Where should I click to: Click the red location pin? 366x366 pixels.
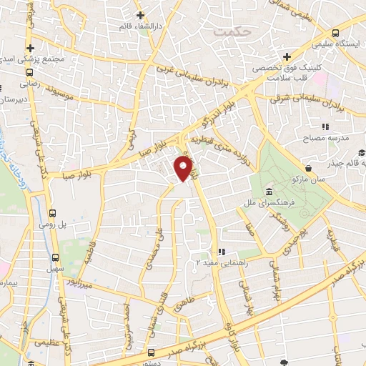point(184,169)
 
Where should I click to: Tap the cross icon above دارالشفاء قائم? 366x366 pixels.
point(140,14)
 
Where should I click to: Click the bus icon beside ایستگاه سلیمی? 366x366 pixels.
point(335,34)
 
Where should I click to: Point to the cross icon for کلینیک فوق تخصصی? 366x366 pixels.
point(286,56)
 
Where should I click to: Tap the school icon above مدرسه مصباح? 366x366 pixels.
point(326,127)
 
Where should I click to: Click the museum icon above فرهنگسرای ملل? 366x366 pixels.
point(268,192)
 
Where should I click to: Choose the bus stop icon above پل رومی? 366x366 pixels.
point(52,213)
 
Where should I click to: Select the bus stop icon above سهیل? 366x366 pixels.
point(56,257)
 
